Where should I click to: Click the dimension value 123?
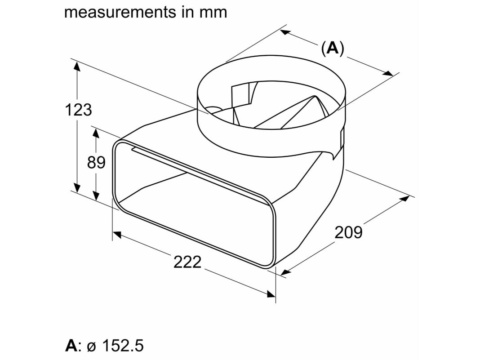pos(79,110)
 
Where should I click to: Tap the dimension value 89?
pos(96,162)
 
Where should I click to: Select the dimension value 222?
pos(187,262)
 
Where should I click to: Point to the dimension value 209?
pos(348,232)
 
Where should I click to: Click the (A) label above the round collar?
pos(333,48)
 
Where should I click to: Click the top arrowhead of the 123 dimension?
pos(77,67)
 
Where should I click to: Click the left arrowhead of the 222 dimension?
pos(117,234)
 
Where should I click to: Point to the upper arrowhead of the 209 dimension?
pos(405,198)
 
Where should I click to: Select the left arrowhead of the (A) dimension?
pos(284,32)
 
